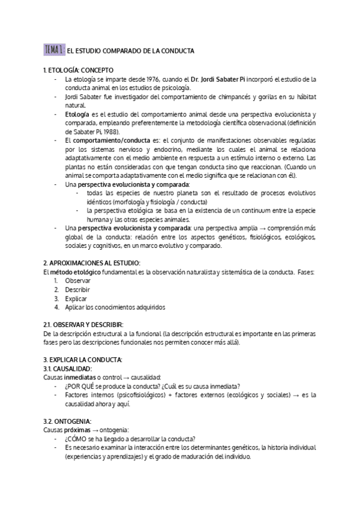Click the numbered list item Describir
(77, 290)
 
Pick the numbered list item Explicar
(76, 298)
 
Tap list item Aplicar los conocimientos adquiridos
(115, 307)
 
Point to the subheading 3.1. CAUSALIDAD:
(68, 368)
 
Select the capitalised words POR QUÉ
(83, 386)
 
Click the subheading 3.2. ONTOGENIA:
(67, 421)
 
